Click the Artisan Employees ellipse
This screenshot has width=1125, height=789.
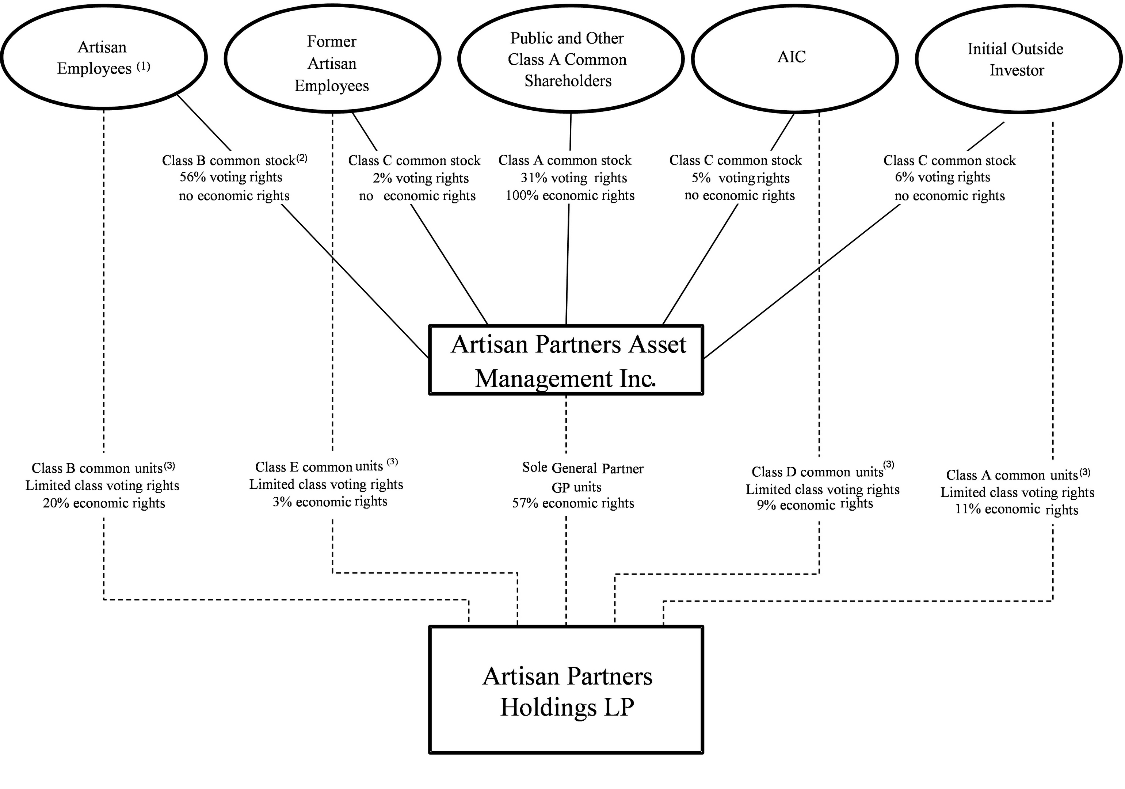pyautogui.click(x=103, y=57)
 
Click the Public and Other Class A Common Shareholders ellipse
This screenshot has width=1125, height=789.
pyautogui.click(x=569, y=59)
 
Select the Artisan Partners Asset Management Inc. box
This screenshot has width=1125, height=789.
pyautogui.click(x=567, y=360)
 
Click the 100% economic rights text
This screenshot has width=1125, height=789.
pyautogui.click(x=569, y=195)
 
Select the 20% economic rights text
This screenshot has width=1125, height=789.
pyautogui.click(x=104, y=503)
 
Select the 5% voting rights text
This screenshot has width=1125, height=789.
pyautogui.click(x=740, y=178)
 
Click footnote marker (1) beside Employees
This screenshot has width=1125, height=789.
pyautogui.click(x=144, y=66)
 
